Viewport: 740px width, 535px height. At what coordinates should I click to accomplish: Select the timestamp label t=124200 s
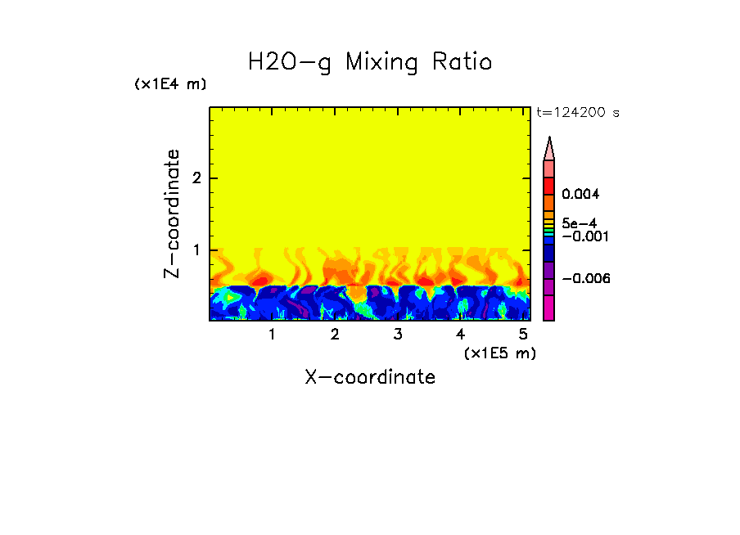(577, 112)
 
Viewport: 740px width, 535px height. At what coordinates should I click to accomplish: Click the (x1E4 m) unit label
(170, 84)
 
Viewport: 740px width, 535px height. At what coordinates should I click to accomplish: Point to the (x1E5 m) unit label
(499, 353)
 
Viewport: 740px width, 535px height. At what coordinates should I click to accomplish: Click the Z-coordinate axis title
(172, 214)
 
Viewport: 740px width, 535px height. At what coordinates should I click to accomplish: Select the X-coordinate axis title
(370, 377)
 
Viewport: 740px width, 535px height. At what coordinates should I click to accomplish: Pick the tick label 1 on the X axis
(272, 335)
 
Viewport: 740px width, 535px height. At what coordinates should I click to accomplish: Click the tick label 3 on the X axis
(398, 335)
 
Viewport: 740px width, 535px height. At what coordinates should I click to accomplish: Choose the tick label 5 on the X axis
(523, 335)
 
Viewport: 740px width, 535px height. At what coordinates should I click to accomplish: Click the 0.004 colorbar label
(580, 195)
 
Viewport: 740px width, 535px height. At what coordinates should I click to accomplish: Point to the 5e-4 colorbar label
(580, 223)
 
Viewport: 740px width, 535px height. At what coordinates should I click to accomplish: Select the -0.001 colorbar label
(582, 236)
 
